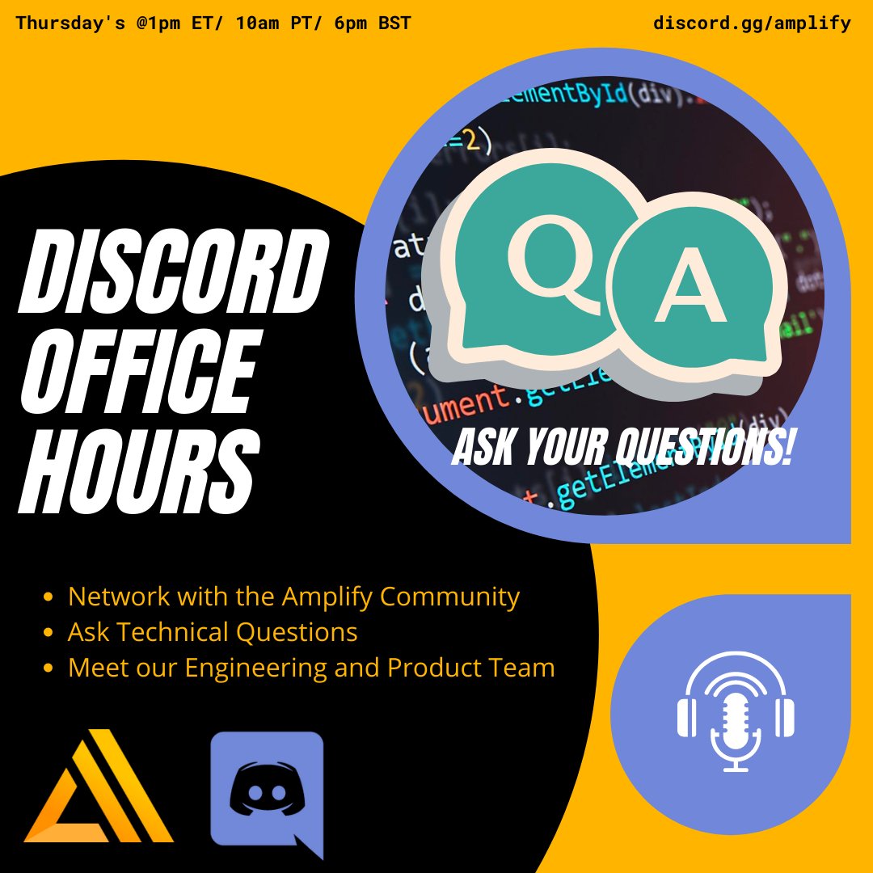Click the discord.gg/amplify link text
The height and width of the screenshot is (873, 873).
tap(752, 23)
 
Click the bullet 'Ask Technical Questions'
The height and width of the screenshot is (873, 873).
tap(212, 632)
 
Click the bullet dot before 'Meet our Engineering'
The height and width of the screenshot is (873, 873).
tap(48, 668)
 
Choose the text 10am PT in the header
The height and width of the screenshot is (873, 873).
tap(278, 23)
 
